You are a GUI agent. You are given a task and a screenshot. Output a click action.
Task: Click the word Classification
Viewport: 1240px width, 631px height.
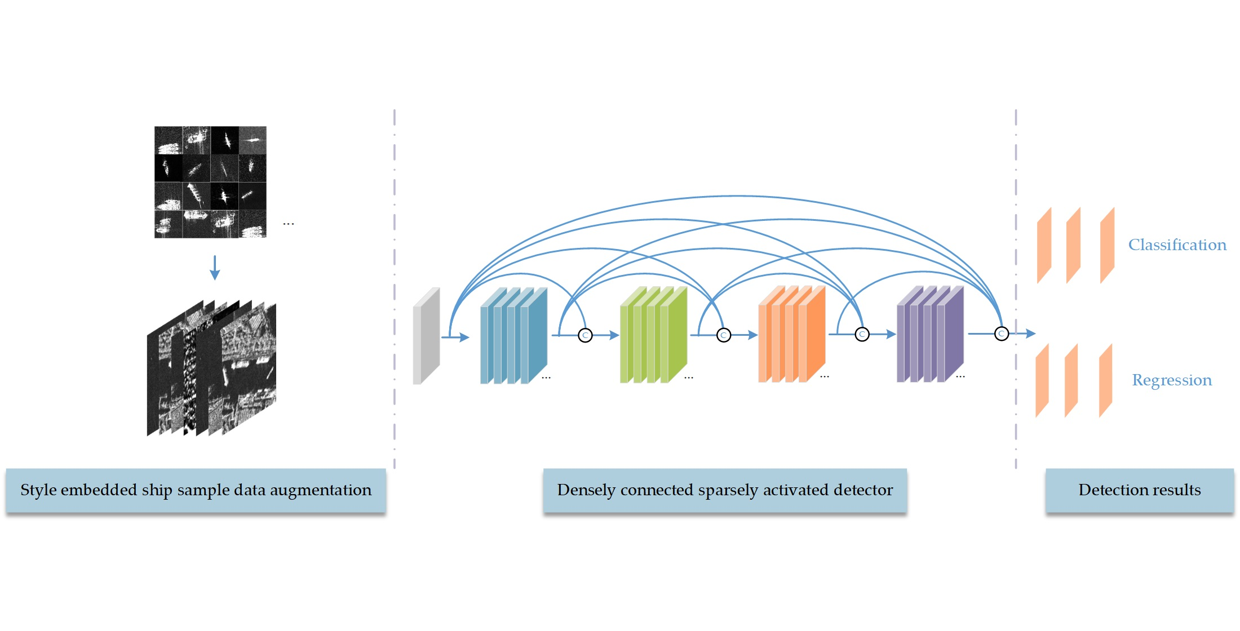1177,245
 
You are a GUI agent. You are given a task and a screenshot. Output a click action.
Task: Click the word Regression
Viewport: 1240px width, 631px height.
1171,380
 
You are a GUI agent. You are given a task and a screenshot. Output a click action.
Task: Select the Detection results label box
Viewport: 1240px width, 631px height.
1139,490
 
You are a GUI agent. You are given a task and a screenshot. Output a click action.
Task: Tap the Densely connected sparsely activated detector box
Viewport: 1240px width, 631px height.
725,490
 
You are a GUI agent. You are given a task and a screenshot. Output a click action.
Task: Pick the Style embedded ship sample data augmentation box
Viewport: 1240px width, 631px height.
196,490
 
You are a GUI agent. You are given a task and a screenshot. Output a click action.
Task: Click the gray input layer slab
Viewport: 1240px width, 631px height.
426,337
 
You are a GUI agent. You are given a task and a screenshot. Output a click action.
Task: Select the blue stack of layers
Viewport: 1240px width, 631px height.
513,337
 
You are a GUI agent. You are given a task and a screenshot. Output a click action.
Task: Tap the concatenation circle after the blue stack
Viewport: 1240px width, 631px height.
585,335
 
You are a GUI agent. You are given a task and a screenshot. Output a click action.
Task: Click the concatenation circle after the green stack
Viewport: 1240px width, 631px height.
724,335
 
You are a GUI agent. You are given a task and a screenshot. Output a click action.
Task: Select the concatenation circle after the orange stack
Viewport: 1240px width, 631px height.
862,335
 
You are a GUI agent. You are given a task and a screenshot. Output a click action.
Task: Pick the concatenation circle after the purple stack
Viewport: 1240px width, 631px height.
1001,334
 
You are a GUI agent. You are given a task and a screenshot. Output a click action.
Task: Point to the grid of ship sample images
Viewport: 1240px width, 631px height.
210,182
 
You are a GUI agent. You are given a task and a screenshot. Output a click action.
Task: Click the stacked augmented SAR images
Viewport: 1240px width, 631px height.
211,369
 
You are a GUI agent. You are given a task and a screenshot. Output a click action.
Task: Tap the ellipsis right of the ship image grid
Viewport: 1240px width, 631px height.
289,224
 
